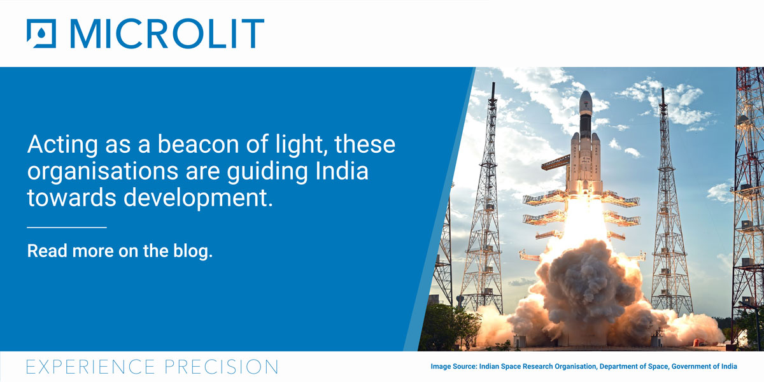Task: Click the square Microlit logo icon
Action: [x=41, y=34]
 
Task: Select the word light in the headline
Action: [x=295, y=145]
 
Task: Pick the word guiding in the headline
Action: [x=263, y=172]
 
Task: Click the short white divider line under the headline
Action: [x=66, y=227]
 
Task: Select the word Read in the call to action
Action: [x=47, y=251]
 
